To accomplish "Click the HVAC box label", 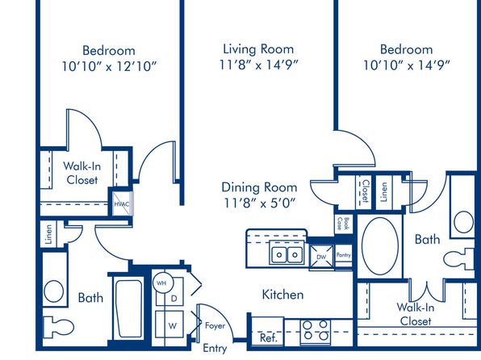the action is tap(122, 204).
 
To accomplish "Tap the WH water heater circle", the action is tap(162, 283).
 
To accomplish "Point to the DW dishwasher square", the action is tap(321, 257).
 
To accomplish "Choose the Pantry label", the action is tap(343, 255).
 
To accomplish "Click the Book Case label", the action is tap(343, 224).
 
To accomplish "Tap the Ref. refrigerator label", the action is tap(269, 338).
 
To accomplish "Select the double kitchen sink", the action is tap(287, 254).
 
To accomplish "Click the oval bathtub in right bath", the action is tap(380, 246).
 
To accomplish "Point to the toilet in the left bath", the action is tap(58, 327).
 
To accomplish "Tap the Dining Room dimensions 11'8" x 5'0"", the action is tap(259, 203).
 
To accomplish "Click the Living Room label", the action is tap(258, 49).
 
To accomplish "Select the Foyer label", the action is tap(215, 325).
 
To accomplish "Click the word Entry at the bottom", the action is tap(215, 349).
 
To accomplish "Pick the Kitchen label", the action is tap(282, 295).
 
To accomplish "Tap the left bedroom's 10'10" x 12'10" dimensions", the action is tap(109, 66).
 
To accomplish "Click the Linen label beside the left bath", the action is tap(48, 234).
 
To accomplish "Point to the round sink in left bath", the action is tap(54, 291).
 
